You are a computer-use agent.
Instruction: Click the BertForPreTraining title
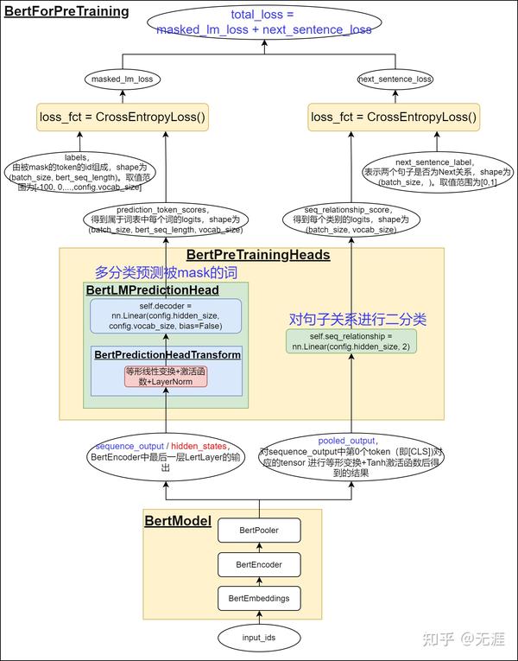click(x=66, y=11)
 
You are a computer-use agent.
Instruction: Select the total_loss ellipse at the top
click(x=264, y=22)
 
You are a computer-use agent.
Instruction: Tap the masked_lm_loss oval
click(x=122, y=79)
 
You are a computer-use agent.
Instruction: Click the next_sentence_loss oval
click(x=395, y=79)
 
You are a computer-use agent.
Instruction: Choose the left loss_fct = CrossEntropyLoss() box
click(x=122, y=117)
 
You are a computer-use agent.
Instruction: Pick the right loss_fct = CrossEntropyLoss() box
click(x=394, y=117)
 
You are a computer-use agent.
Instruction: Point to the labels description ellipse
click(x=77, y=172)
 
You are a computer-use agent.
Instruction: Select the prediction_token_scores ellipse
click(x=167, y=219)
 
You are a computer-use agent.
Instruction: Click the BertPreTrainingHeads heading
click(x=258, y=256)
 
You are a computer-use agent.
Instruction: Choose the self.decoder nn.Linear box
click(x=166, y=316)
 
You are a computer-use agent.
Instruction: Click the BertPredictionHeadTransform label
click(x=167, y=355)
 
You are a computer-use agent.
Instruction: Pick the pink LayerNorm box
click(x=166, y=376)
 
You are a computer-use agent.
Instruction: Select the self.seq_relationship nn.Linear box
click(x=351, y=340)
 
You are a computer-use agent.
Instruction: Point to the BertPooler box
click(x=259, y=529)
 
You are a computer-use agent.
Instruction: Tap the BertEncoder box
click(x=259, y=564)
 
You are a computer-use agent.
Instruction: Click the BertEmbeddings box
click(x=259, y=598)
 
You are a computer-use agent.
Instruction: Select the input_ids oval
click(x=259, y=638)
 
